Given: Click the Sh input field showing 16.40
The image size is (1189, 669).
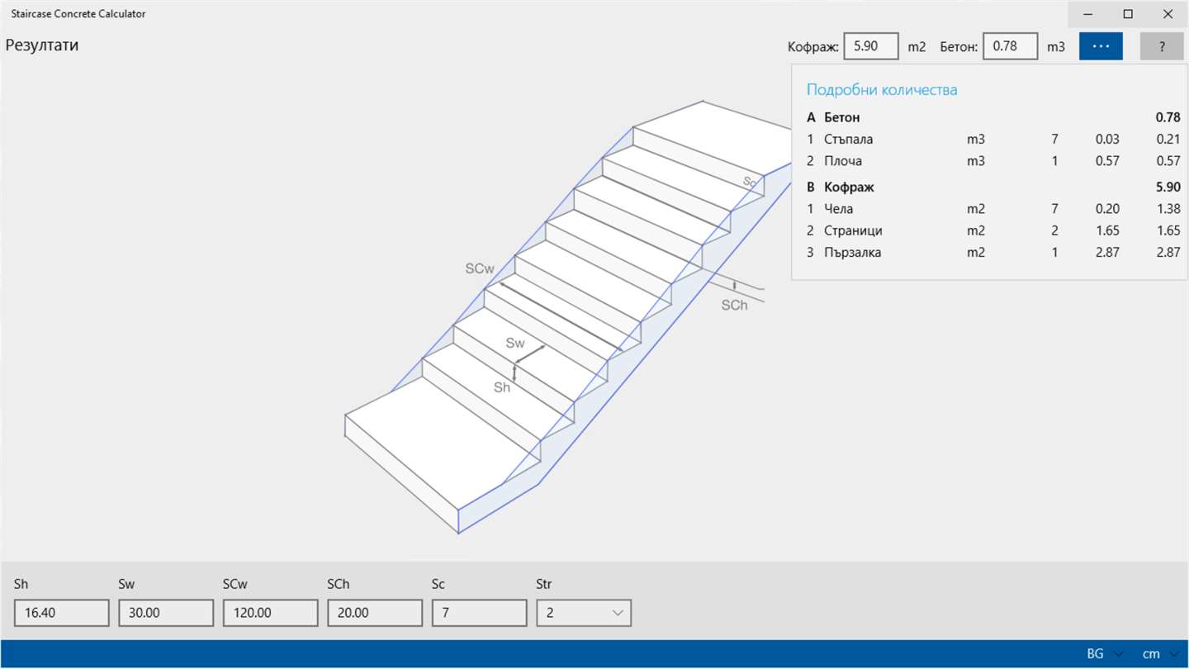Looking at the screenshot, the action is [62, 613].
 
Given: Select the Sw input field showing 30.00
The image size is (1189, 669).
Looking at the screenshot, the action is [166, 613].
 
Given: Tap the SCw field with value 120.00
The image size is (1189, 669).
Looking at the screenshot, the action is [270, 613].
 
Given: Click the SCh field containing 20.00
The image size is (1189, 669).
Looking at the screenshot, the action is [375, 613].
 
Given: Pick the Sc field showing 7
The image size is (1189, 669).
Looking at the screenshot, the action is [479, 613].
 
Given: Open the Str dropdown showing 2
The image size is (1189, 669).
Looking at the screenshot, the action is [584, 613].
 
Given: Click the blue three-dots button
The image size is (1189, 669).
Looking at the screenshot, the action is [1101, 46].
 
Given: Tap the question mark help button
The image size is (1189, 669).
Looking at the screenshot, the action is [1162, 46].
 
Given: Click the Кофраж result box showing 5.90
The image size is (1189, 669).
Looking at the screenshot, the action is [871, 46].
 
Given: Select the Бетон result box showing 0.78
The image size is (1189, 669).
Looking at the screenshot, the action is [1010, 46].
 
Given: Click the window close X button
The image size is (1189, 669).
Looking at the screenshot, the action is [1168, 14].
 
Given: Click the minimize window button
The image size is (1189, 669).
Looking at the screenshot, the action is [1087, 14].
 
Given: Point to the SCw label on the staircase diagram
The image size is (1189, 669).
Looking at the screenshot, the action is [479, 268].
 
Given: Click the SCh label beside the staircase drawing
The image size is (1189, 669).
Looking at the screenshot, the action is [734, 306].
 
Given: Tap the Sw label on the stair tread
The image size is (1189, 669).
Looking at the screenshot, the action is [515, 343].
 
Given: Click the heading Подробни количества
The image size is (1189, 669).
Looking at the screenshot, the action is [882, 90].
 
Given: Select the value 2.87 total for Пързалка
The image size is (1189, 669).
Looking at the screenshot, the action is [1168, 252].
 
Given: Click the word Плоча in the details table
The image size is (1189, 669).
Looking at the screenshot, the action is [843, 161].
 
